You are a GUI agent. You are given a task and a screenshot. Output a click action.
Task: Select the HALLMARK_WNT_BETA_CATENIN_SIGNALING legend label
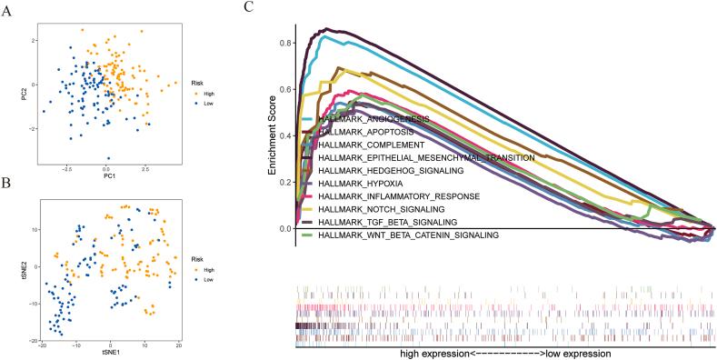[x=410, y=235]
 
